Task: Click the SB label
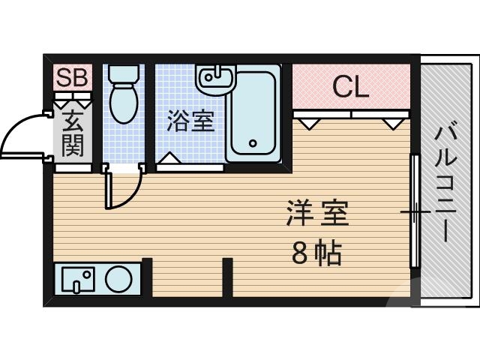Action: [72, 76]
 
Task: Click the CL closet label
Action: [351, 87]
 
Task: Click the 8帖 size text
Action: [316, 255]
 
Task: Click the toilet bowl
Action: [121, 105]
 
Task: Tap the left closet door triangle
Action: [307, 120]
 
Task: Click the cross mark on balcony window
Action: [414, 213]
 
